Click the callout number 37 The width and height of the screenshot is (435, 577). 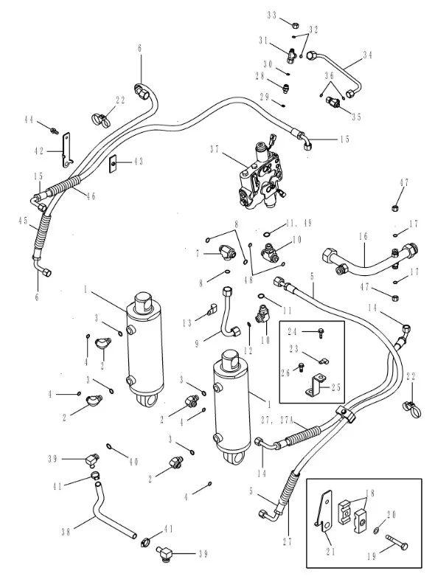(x=215, y=149)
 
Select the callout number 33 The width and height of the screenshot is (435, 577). (x=272, y=15)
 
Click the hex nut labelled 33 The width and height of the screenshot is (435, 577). (x=295, y=25)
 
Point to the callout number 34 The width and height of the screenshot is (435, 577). (x=368, y=55)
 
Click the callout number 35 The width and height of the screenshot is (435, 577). (x=356, y=117)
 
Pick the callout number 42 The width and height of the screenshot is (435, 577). (x=39, y=151)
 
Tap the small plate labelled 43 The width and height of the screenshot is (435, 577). (x=114, y=162)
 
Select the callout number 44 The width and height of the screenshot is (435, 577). (x=29, y=120)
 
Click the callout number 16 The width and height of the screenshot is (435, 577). (x=363, y=236)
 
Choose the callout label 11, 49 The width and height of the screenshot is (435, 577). (x=299, y=224)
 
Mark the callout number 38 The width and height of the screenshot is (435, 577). (x=66, y=532)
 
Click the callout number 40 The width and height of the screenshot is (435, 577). (x=133, y=461)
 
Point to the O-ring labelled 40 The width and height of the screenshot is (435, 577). (x=110, y=446)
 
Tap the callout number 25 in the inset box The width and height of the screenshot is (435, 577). (x=336, y=387)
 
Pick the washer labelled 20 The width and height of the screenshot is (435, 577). (x=377, y=531)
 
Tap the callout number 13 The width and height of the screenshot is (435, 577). (x=187, y=322)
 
